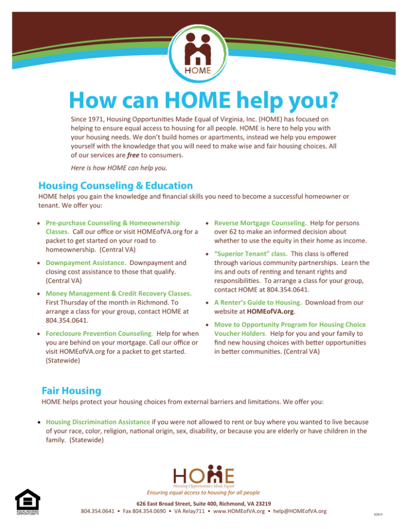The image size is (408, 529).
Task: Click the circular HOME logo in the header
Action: pos(204,53)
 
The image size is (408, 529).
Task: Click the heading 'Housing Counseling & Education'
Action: pos(115,186)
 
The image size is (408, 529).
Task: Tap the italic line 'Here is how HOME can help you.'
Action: pos(115,168)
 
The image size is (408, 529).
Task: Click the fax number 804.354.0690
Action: pos(151,511)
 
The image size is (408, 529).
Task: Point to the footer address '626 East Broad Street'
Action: pos(170,503)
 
